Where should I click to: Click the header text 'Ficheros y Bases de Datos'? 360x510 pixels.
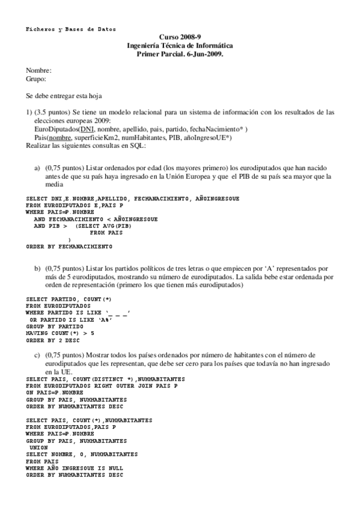pyautogui.click(x=71, y=29)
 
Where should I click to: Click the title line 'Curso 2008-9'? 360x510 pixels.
pyautogui.click(x=180, y=37)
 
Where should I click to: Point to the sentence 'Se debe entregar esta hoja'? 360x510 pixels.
pyautogui.click(x=64, y=96)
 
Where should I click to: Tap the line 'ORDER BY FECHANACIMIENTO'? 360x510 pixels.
pyautogui.click(x=69, y=247)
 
